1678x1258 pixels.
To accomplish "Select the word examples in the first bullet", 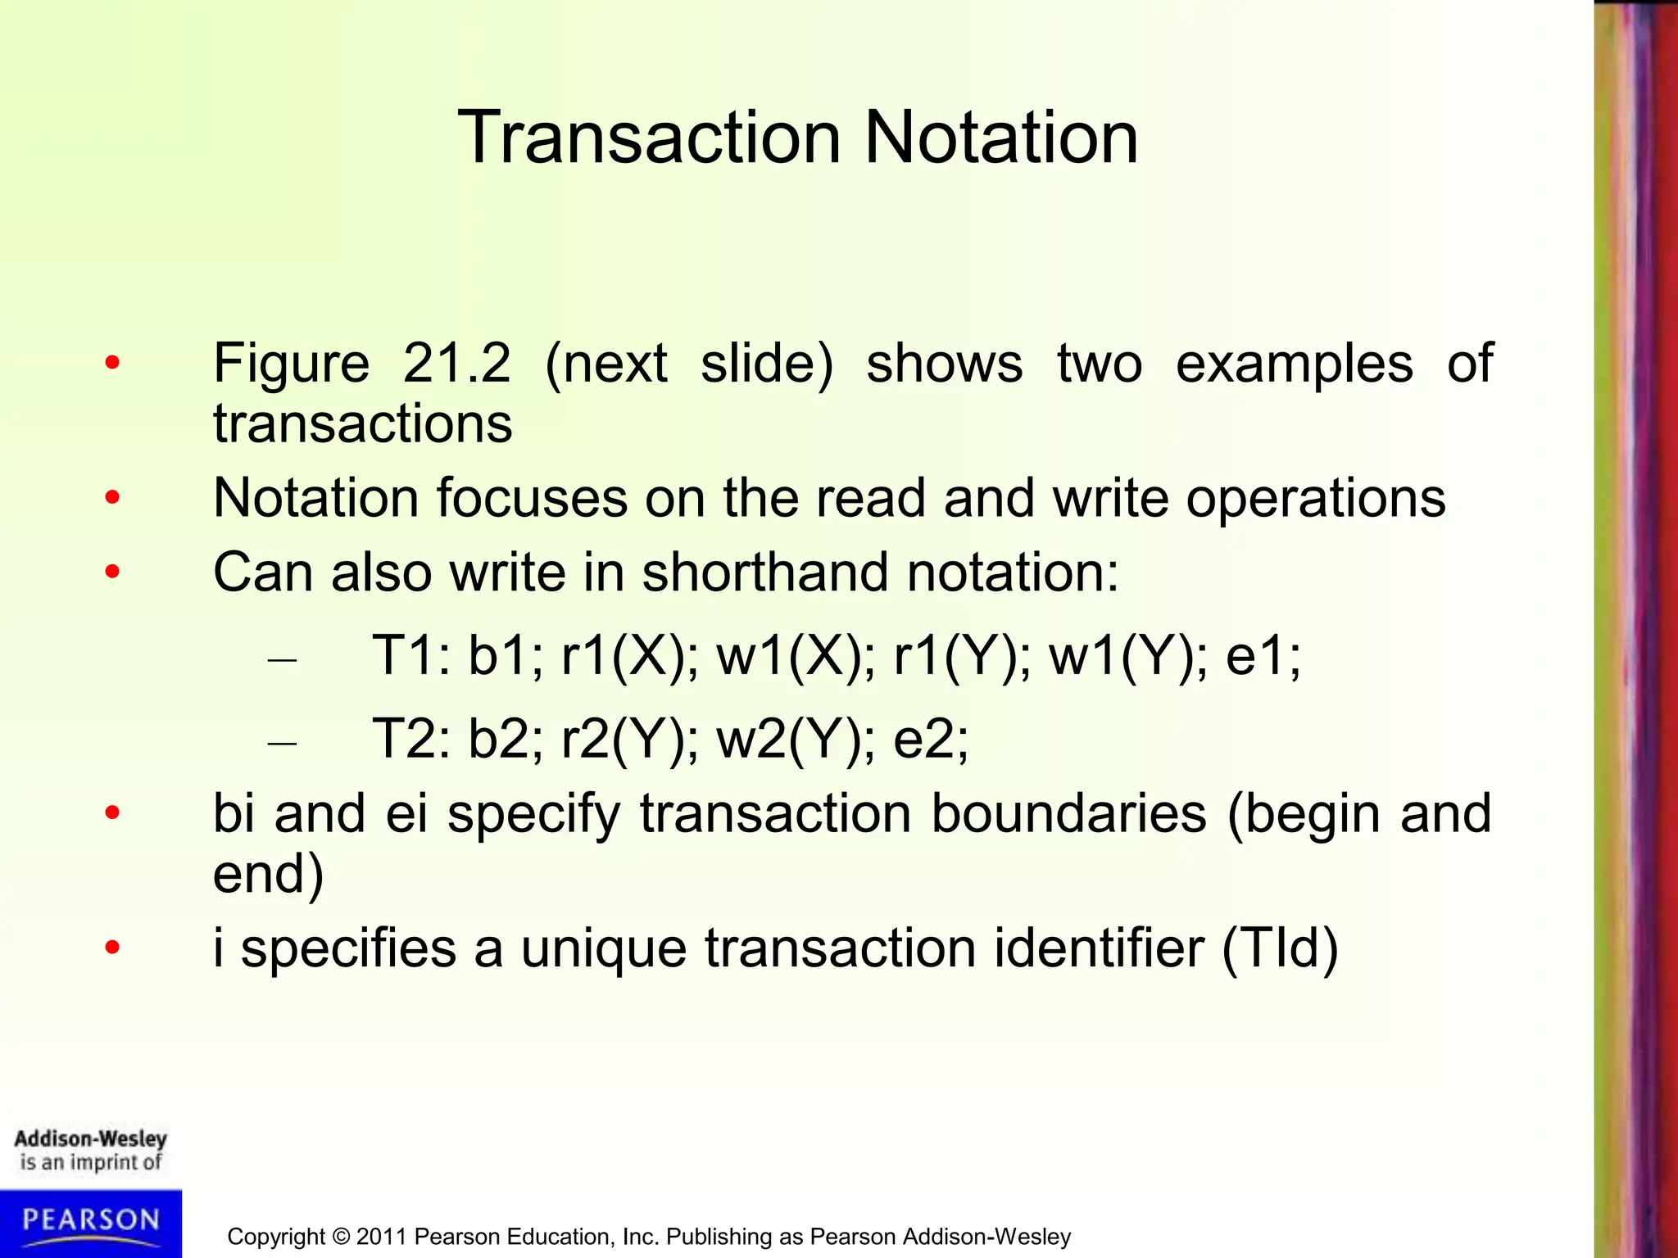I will coord(1294,364).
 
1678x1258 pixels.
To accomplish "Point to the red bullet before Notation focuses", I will coord(113,497).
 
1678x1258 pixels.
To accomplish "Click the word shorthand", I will coord(764,572).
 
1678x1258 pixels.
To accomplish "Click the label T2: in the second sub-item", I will coord(410,739).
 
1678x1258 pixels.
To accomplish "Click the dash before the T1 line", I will coord(282,660).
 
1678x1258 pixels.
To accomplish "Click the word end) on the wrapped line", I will coord(269,874).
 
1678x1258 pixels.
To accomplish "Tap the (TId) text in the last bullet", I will coord(1280,948).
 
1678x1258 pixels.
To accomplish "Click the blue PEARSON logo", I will coord(91,1221).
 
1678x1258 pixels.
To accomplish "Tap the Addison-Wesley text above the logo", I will coord(91,1138).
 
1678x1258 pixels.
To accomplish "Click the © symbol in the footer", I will coord(341,1237).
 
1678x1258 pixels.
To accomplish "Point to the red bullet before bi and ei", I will coord(113,813).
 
